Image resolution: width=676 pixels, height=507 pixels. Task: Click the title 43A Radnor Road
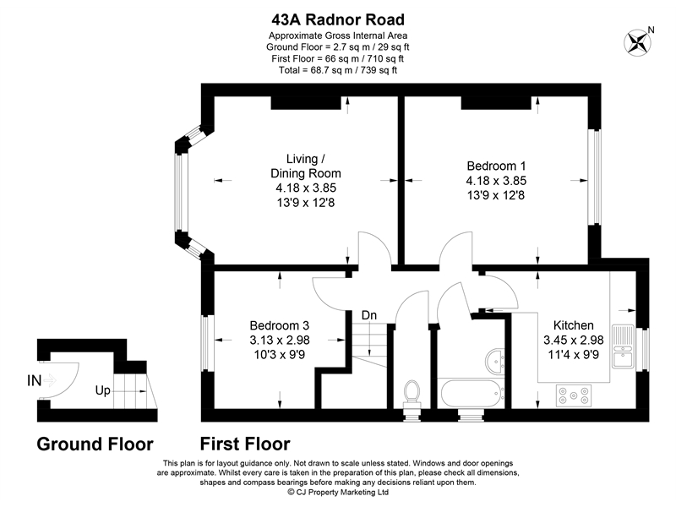pyautogui.click(x=338, y=19)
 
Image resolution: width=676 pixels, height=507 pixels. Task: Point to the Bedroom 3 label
pyautogui.click(x=280, y=325)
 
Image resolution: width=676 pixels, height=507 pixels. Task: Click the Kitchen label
pyautogui.click(x=574, y=325)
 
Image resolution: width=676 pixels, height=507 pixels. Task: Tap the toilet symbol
pyautogui.click(x=413, y=392)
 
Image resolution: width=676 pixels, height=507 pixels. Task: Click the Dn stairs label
pyautogui.click(x=369, y=315)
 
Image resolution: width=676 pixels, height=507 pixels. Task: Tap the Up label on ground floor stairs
pyautogui.click(x=103, y=391)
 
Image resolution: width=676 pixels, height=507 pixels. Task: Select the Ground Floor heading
pyautogui.click(x=95, y=444)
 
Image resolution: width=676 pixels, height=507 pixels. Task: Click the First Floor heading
pyautogui.click(x=245, y=444)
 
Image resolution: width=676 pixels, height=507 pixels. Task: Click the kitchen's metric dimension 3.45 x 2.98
pyautogui.click(x=574, y=340)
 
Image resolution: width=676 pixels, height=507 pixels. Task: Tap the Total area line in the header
pyautogui.click(x=338, y=70)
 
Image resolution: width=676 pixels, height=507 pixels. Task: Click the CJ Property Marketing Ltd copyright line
pyautogui.click(x=338, y=491)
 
